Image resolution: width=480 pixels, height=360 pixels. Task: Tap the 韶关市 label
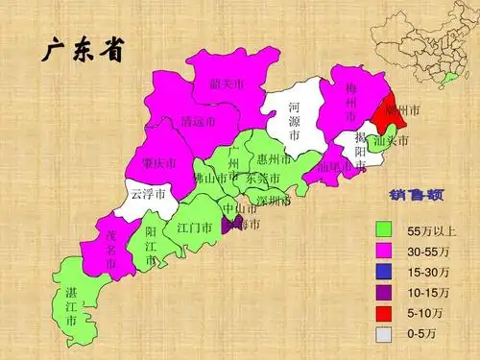227,84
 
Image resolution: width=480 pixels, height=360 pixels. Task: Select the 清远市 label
197,123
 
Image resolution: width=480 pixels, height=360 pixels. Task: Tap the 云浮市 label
148,194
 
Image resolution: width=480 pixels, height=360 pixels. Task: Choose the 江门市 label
194,228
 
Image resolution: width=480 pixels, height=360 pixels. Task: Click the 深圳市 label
274,202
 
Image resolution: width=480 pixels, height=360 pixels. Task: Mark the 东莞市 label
263,180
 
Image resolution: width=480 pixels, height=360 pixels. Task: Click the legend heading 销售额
416,196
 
